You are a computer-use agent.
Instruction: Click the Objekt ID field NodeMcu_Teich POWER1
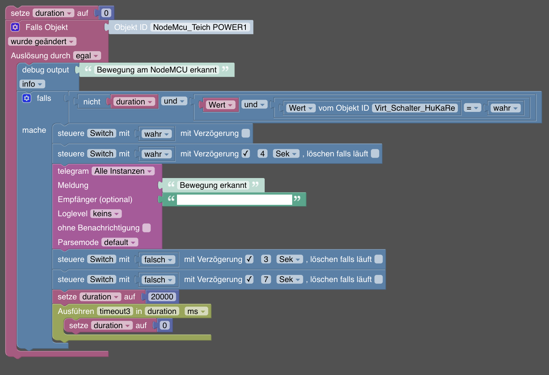point(200,27)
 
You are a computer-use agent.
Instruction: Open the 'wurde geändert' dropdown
point(42,41)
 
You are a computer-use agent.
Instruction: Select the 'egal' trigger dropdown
point(87,56)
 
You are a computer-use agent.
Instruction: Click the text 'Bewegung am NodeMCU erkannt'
point(157,70)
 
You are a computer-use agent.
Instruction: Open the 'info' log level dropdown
point(32,84)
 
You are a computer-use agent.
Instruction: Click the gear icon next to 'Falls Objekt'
point(15,27)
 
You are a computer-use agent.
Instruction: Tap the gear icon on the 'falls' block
point(26,98)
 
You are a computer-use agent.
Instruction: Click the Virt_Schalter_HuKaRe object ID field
point(415,108)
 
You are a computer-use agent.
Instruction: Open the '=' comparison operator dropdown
point(472,108)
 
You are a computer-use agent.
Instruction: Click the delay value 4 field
point(262,154)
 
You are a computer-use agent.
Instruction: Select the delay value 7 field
point(266,279)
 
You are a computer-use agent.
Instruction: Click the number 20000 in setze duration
point(162,297)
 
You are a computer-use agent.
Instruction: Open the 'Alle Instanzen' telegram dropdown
point(123,171)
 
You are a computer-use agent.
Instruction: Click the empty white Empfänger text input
point(234,200)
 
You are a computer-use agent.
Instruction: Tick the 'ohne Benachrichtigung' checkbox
point(147,228)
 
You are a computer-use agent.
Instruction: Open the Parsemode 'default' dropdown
point(120,242)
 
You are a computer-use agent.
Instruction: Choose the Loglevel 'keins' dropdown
point(106,213)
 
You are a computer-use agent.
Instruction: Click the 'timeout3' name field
point(115,311)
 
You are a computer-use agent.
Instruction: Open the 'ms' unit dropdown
point(196,311)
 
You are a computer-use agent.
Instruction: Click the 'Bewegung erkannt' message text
point(213,185)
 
